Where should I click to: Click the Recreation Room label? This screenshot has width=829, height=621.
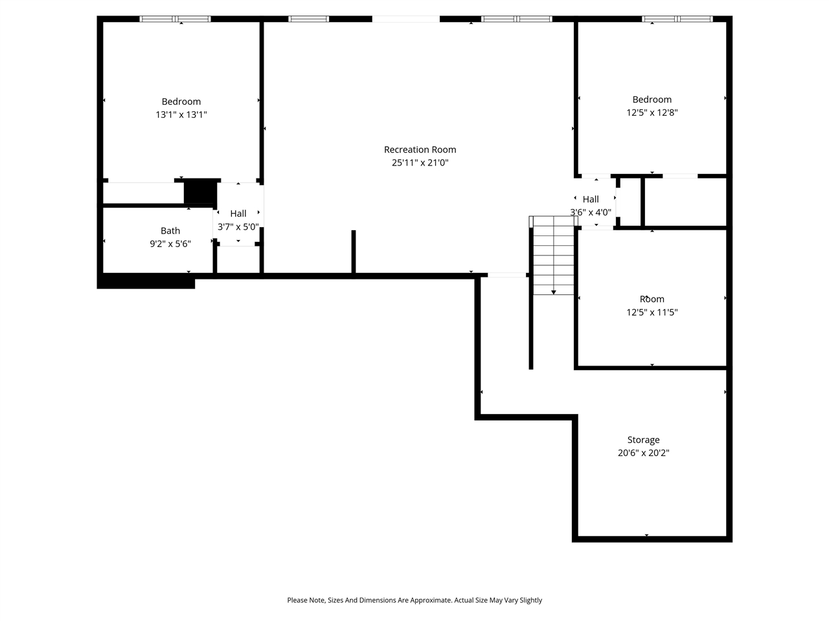pyautogui.click(x=420, y=149)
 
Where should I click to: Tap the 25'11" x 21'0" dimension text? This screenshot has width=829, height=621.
pyautogui.click(x=420, y=163)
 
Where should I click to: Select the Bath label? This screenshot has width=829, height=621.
pyautogui.click(x=170, y=231)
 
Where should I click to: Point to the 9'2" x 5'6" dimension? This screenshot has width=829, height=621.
pyautogui.click(x=170, y=244)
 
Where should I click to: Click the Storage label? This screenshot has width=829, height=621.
pyautogui.click(x=643, y=440)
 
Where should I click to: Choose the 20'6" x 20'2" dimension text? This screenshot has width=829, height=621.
pyautogui.click(x=643, y=453)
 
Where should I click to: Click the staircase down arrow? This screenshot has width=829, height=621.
pyautogui.click(x=553, y=292)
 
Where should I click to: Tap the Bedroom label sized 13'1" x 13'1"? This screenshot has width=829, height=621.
pyautogui.click(x=181, y=102)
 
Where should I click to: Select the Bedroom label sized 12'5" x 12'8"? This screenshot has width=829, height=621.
pyautogui.click(x=652, y=100)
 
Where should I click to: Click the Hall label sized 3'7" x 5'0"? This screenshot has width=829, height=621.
pyautogui.click(x=238, y=213)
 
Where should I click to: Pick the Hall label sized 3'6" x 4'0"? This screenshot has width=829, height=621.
pyautogui.click(x=591, y=199)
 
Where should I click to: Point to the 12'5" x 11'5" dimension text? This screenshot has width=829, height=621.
pyautogui.click(x=652, y=312)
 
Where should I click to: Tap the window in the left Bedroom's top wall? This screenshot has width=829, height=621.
pyautogui.click(x=176, y=19)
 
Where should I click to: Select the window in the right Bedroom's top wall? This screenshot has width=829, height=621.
pyautogui.click(x=677, y=19)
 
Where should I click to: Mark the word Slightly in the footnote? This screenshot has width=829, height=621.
pyautogui.click(x=530, y=600)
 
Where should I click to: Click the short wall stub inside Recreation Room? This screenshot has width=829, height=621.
pyautogui.click(x=354, y=252)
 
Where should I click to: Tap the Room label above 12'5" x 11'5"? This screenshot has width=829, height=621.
pyautogui.click(x=652, y=299)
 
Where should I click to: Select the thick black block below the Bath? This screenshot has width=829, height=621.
pyautogui.click(x=146, y=281)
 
